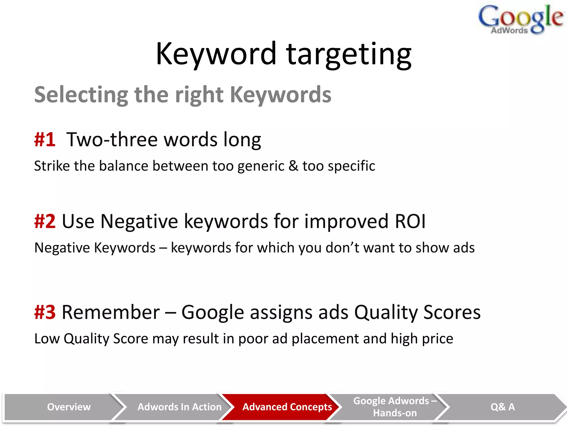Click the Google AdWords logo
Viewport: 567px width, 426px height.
tap(520, 19)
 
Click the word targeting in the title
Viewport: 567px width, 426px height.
tap(349, 54)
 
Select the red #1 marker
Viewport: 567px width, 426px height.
tap(45, 140)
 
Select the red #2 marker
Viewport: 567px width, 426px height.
tap(45, 221)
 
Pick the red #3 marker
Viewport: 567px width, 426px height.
tap(45, 312)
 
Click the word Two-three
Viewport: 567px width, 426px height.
tap(112, 140)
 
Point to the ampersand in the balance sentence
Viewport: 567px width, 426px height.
tap(293, 166)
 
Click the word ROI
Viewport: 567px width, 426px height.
tap(410, 221)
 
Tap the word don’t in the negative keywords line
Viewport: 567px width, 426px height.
tap(342, 248)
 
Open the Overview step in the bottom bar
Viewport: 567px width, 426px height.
tap(69, 407)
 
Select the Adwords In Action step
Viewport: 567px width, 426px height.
tap(179, 407)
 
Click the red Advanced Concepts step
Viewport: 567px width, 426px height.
tap(287, 407)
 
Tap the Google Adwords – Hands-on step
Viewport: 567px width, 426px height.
tap(395, 407)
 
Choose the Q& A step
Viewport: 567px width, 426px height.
tap(502, 407)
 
